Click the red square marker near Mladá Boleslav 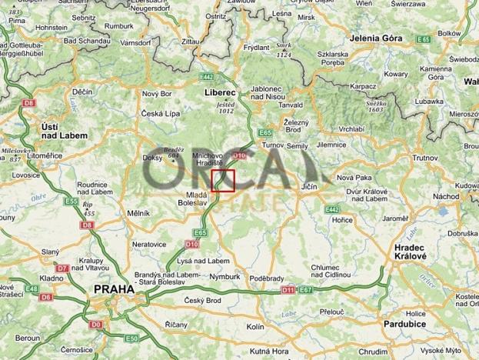click(223, 180)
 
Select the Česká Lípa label click(160, 115)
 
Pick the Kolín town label click(256, 327)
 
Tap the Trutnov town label click(425, 157)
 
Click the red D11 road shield click(288, 290)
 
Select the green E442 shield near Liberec click(206, 77)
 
